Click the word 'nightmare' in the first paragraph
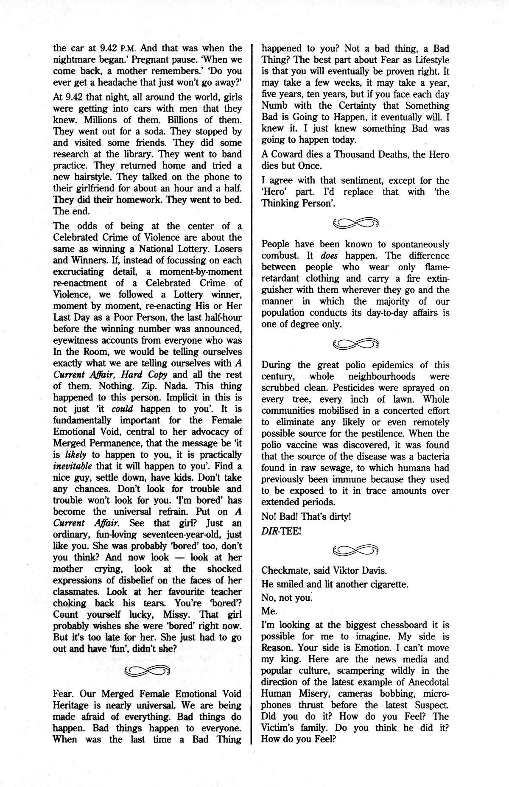click(x=76, y=60)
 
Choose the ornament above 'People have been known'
click(x=355, y=222)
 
